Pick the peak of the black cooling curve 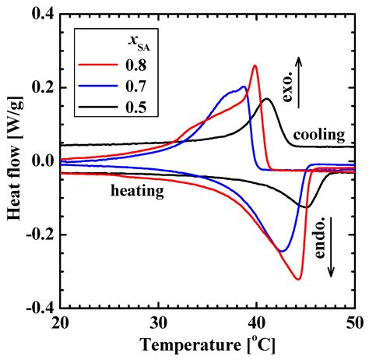pyautogui.click(x=266, y=99)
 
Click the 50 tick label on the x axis pyautogui.click(x=353, y=323)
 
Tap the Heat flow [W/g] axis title pyautogui.click(x=12, y=162)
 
